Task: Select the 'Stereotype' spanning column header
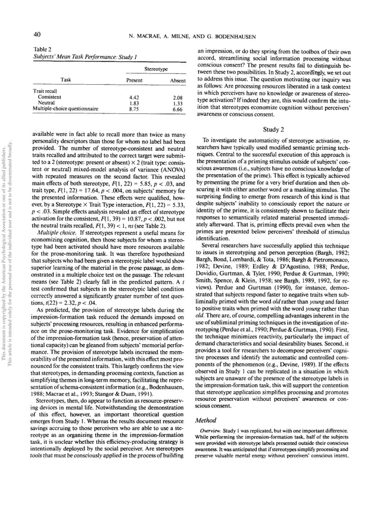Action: click(155, 69)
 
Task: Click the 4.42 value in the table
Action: click(135, 97)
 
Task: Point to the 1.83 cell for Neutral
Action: click(135, 103)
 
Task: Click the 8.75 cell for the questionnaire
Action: click(135, 110)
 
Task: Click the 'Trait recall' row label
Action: click(44, 91)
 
